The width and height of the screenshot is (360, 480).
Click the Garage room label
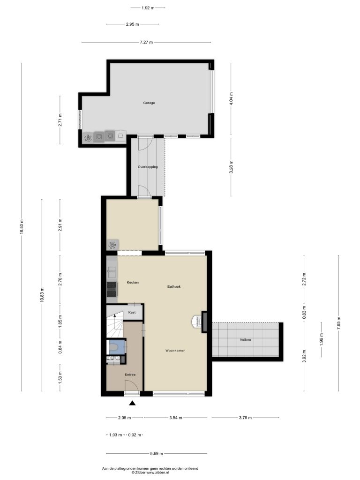tap(149, 103)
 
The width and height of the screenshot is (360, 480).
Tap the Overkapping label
tap(148, 167)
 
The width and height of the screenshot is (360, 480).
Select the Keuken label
tap(133, 282)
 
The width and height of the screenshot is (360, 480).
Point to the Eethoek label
tap(174, 286)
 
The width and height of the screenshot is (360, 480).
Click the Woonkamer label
tap(175, 351)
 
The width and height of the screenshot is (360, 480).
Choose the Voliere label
tap(246, 339)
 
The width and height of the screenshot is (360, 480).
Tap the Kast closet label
tap(132, 312)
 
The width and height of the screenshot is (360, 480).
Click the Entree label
tap(130, 375)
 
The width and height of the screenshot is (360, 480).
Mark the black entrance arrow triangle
tap(132, 403)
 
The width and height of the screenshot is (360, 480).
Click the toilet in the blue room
tap(114, 348)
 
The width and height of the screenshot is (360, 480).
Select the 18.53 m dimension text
tap(22, 227)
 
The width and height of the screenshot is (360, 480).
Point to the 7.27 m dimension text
tap(146, 42)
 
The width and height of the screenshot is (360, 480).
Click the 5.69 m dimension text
tap(157, 454)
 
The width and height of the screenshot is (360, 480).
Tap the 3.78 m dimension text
tap(245, 418)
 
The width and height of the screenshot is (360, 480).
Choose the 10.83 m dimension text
tap(42, 295)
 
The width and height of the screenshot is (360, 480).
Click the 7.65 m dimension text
tap(338, 323)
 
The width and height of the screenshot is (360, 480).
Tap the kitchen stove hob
tap(112, 289)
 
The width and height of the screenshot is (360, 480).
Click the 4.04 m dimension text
tap(231, 98)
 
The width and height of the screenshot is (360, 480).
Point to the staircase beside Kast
tap(114, 322)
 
